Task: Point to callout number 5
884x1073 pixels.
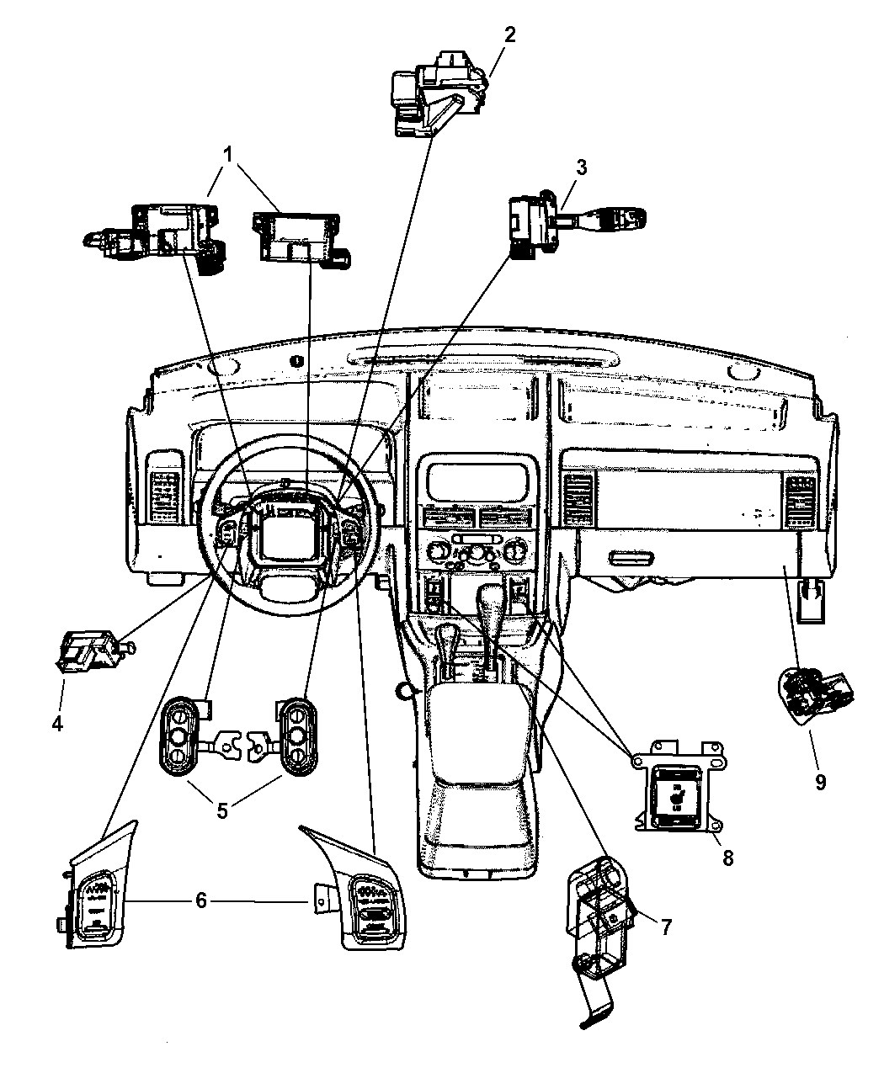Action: point(222,810)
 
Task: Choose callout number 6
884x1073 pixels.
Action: point(200,900)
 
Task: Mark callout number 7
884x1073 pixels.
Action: point(665,927)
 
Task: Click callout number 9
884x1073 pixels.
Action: point(820,782)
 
